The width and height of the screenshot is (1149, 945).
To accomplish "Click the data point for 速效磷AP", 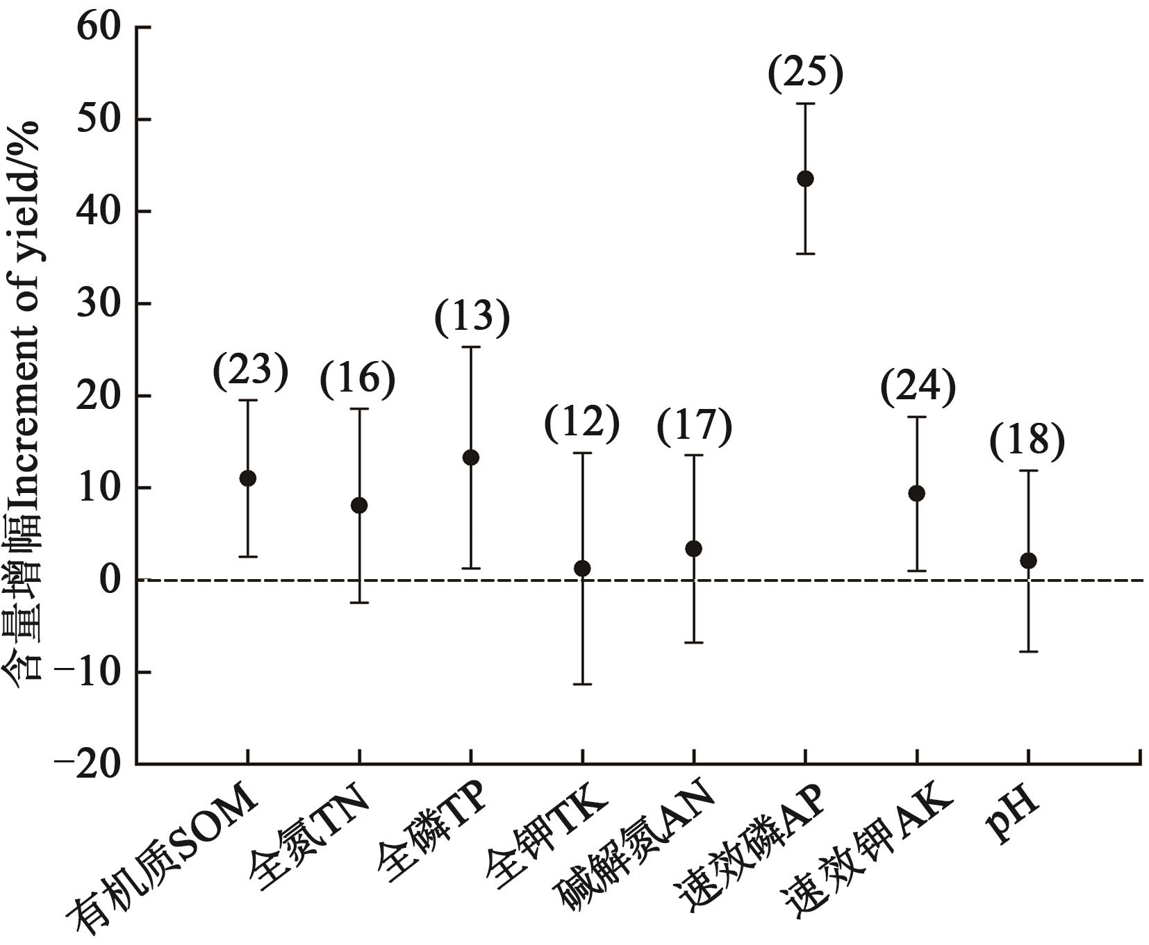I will click(x=805, y=178).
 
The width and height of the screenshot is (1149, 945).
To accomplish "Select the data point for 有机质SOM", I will click(x=247, y=478).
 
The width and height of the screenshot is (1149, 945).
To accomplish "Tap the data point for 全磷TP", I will click(x=471, y=458).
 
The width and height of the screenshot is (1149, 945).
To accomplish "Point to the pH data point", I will click(x=1028, y=560).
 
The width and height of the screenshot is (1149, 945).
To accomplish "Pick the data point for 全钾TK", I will click(x=582, y=569).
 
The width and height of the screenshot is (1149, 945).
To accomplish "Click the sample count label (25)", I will click(x=805, y=74).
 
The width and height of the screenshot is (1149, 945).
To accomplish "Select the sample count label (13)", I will click(x=472, y=317).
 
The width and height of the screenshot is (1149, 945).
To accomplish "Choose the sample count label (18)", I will click(x=1027, y=441).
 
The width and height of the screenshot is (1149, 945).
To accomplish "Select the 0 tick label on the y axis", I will click(x=111, y=580).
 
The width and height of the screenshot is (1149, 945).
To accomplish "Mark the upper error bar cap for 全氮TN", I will click(x=359, y=409).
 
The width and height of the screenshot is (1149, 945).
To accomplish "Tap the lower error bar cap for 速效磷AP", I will click(x=805, y=254).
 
